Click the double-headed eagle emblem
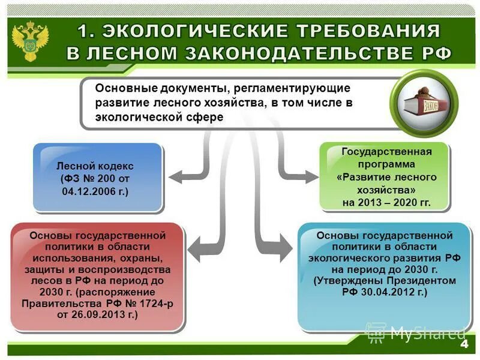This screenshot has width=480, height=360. (x=31, y=40)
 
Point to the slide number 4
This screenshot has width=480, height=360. (x=463, y=345)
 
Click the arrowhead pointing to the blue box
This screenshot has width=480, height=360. (x=175, y=177)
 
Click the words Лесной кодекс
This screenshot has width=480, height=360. (x=95, y=166)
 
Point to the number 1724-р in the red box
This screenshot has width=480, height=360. (x=155, y=303)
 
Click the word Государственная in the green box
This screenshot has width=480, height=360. (x=386, y=152)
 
